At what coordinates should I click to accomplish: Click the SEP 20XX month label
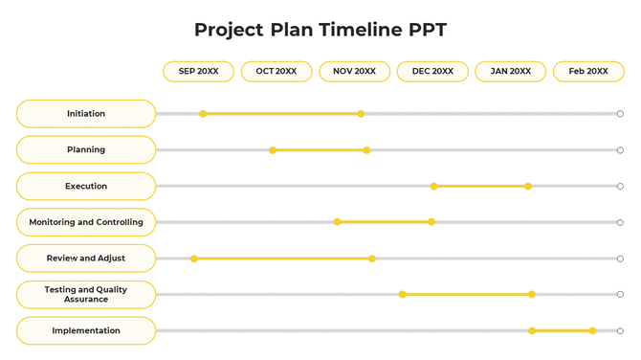(199, 72)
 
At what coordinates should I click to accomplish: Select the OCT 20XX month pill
(276, 72)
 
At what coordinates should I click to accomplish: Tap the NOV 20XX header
(354, 72)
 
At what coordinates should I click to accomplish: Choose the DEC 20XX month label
(432, 72)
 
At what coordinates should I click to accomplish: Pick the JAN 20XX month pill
(510, 72)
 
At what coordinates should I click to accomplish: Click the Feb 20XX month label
(588, 72)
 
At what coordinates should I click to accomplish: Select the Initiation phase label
(86, 114)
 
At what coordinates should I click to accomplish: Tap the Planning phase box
(86, 150)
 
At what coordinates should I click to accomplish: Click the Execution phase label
(86, 187)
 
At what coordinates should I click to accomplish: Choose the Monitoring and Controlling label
(86, 222)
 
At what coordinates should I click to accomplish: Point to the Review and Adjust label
(86, 259)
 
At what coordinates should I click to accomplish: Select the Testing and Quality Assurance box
(86, 295)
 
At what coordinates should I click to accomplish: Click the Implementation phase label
(86, 331)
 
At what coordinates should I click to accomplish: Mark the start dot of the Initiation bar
(203, 114)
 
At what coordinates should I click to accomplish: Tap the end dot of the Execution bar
(528, 186)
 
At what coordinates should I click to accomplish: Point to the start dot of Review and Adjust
(194, 259)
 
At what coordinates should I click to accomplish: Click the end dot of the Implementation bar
(593, 330)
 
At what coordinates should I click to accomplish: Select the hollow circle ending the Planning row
(620, 150)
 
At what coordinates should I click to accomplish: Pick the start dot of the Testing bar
(403, 294)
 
